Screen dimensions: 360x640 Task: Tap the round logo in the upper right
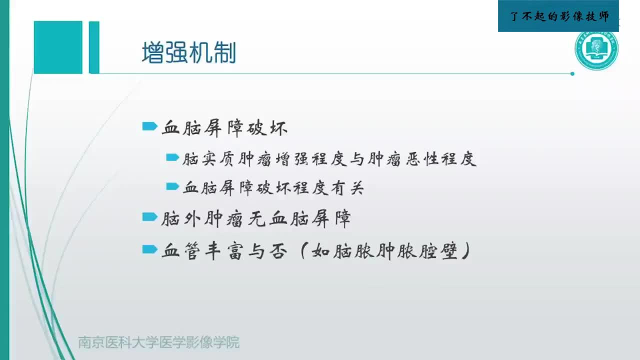(596, 50)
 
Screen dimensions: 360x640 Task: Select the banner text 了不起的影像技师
(558, 16)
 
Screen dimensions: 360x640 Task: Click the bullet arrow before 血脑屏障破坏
(149, 127)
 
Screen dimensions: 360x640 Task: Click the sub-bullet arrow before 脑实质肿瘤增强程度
(172, 158)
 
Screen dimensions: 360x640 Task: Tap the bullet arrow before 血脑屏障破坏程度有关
(172, 187)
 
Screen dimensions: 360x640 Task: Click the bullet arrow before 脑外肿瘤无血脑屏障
(149, 217)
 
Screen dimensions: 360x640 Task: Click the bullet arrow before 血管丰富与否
(149, 249)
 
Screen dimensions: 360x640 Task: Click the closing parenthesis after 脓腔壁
(465, 251)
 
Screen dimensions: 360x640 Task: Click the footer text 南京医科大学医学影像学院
(158, 342)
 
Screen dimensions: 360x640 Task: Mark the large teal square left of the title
(58, 47)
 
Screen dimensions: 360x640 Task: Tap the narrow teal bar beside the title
(94, 47)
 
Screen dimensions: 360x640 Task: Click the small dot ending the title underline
(572, 74)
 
